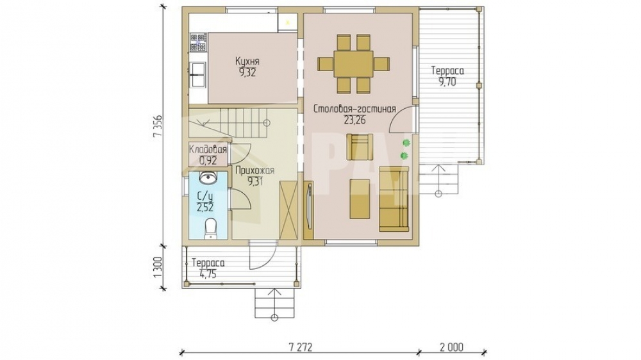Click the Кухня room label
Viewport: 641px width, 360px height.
click(x=247, y=61)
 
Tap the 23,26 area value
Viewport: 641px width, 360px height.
click(x=354, y=120)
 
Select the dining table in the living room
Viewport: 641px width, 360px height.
click(x=353, y=63)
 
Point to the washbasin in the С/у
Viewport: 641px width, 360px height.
click(x=208, y=177)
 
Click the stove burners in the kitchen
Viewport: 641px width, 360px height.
click(x=198, y=42)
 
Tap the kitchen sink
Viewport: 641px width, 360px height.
click(x=198, y=75)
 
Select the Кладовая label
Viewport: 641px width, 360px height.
click(x=208, y=149)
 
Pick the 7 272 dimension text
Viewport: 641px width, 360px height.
click(x=301, y=347)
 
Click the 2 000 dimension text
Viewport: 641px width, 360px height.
click(x=451, y=347)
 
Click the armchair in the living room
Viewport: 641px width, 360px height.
click(x=360, y=147)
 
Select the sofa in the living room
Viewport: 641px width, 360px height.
click(x=394, y=199)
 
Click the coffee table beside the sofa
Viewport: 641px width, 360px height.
click(x=360, y=199)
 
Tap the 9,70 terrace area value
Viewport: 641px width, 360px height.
click(x=447, y=81)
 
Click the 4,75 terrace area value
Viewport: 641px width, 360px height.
click(x=208, y=274)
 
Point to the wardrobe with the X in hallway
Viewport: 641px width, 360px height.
click(x=289, y=210)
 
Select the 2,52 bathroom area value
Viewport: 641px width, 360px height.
click(x=205, y=208)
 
